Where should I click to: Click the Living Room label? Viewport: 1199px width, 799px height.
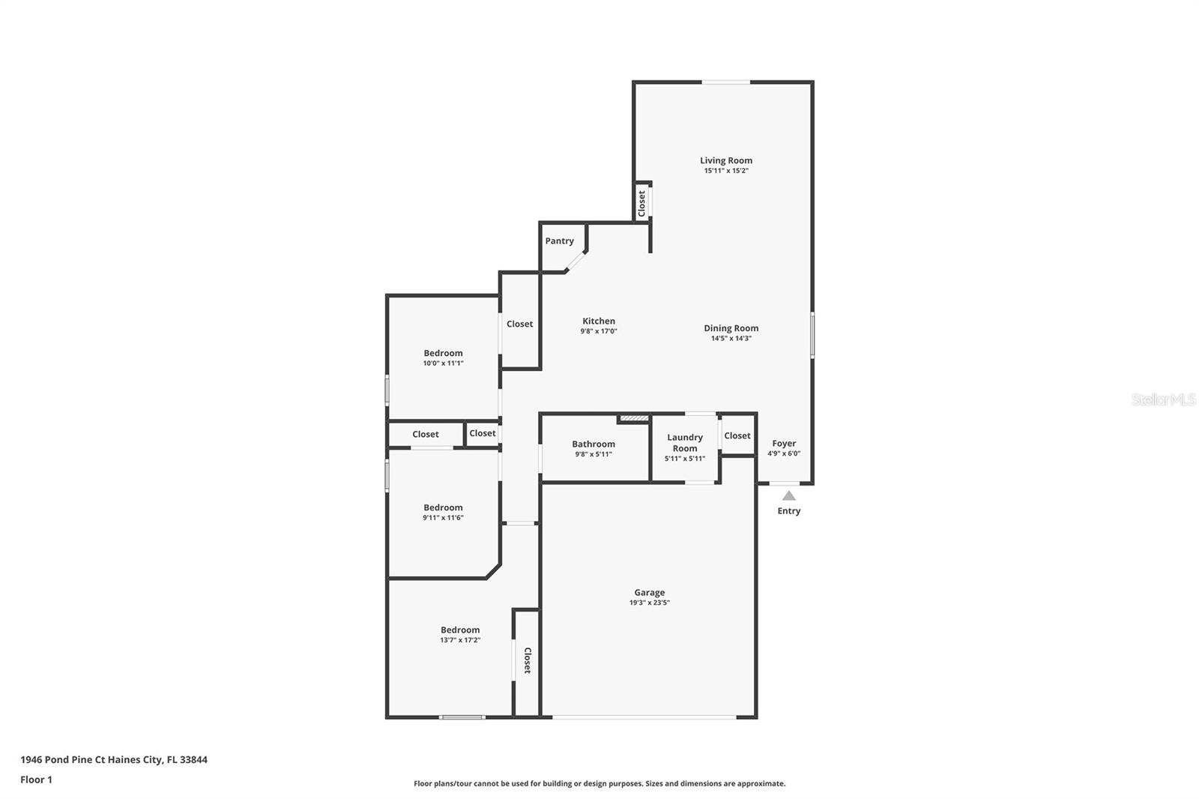click(725, 160)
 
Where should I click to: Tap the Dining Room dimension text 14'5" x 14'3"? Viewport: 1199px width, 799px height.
click(731, 339)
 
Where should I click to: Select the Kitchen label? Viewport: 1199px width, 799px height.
click(598, 321)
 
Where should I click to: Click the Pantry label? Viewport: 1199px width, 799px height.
click(559, 241)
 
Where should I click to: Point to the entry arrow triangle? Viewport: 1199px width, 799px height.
click(788, 495)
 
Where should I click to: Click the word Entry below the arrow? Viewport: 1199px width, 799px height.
click(788, 511)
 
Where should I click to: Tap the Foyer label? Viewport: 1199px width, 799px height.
click(784, 443)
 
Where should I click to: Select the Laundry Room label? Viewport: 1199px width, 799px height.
click(684, 442)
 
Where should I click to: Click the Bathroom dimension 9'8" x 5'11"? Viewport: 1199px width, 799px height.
click(593, 454)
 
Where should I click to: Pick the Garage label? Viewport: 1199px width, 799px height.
click(649, 592)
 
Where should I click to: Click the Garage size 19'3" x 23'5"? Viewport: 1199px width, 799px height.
click(649, 603)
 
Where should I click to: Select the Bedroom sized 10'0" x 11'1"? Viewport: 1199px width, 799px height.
click(443, 353)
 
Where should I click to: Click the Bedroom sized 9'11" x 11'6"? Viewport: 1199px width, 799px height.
click(443, 507)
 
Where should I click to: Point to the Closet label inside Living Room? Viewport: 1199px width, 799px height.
click(641, 203)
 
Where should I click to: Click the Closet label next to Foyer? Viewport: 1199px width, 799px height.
click(737, 435)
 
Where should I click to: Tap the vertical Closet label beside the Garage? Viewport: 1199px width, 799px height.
click(527, 660)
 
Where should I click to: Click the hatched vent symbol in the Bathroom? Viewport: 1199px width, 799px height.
click(632, 418)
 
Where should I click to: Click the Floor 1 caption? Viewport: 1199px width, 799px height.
click(36, 780)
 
